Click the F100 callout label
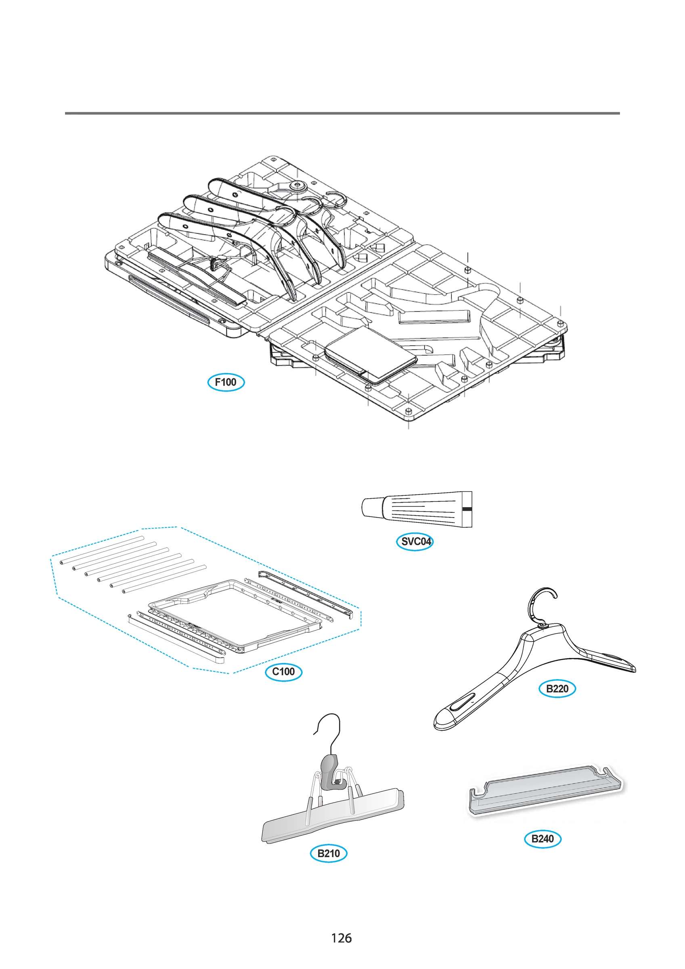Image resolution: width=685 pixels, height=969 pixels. (x=226, y=382)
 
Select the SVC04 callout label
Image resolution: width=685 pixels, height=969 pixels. (x=415, y=541)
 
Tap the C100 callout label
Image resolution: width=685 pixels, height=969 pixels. (x=283, y=671)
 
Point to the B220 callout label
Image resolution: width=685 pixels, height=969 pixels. (x=557, y=689)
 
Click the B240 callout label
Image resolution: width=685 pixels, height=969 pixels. (x=543, y=839)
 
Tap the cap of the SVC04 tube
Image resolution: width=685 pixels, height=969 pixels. (x=372, y=507)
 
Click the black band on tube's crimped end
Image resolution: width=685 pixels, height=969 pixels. (x=467, y=509)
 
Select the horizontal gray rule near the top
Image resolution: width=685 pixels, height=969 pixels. (x=342, y=113)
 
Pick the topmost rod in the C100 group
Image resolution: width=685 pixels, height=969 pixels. (x=101, y=550)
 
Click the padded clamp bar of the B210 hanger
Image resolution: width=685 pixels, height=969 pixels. (x=333, y=817)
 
